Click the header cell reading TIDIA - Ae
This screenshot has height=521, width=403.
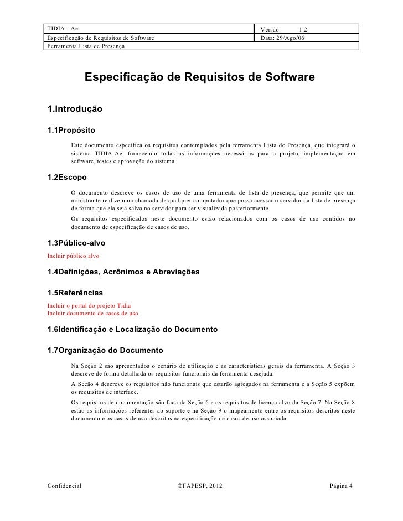pos(63,28)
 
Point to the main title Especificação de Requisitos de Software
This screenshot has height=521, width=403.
pos(199,79)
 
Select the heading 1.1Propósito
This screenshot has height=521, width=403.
pos(71,131)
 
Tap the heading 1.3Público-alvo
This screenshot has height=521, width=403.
pos(76,243)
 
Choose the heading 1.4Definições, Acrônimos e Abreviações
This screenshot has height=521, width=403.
pos(123,272)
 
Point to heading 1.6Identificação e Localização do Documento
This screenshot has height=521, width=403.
pos(133,329)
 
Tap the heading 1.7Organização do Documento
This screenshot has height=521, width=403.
pos(105,351)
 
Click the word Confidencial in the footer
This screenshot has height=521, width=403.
pos(64,485)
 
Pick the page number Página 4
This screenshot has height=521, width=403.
pos(340,485)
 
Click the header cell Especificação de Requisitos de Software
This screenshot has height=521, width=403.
pos(100,37)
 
